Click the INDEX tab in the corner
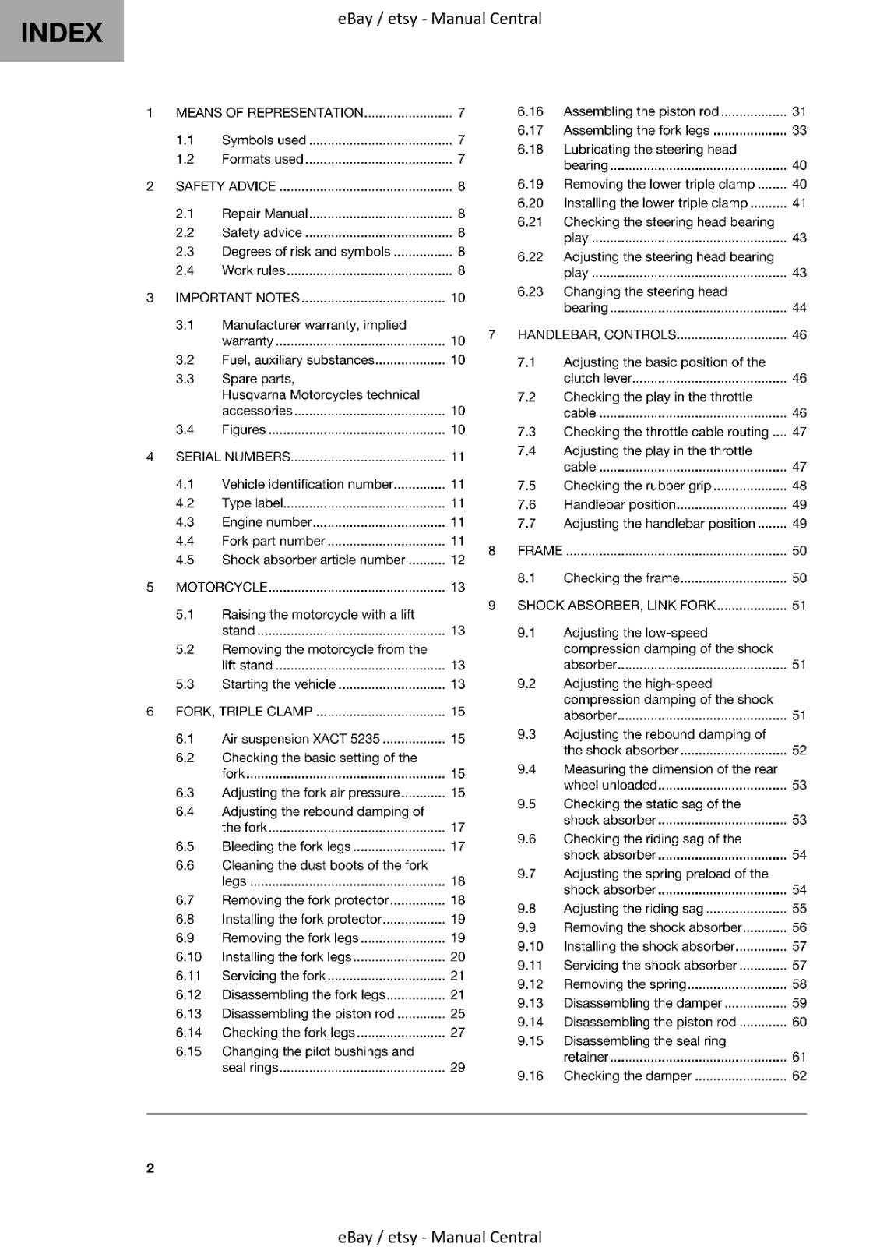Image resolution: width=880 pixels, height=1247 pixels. (62, 31)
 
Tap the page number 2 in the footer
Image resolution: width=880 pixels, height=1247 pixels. (150, 1168)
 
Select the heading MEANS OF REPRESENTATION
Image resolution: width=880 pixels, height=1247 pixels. (269, 113)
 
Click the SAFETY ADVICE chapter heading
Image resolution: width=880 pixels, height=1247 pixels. (226, 186)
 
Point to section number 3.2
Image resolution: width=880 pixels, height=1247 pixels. (185, 360)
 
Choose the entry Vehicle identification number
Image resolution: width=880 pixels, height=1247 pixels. (307, 484)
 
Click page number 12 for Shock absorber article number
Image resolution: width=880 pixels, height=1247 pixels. (457, 560)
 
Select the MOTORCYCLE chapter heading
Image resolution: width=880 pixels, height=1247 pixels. (221, 587)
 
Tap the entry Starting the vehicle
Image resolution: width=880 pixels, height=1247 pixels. (279, 684)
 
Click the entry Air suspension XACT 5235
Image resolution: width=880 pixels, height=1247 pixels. (301, 739)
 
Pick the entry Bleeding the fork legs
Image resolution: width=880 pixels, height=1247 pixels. (287, 846)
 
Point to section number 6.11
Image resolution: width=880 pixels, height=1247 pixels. (188, 976)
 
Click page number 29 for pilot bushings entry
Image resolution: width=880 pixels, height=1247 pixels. (457, 1068)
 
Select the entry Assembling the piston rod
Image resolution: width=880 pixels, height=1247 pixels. (641, 111)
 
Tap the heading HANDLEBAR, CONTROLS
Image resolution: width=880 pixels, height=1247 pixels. (597, 335)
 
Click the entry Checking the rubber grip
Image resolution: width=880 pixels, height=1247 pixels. (637, 486)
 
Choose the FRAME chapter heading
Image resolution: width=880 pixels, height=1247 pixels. (540, 551)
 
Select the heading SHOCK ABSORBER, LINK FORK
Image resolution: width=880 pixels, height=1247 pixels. (616, 606)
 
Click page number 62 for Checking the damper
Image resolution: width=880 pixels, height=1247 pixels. (799, 1076)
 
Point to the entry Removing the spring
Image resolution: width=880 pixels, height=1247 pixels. (625, 984)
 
